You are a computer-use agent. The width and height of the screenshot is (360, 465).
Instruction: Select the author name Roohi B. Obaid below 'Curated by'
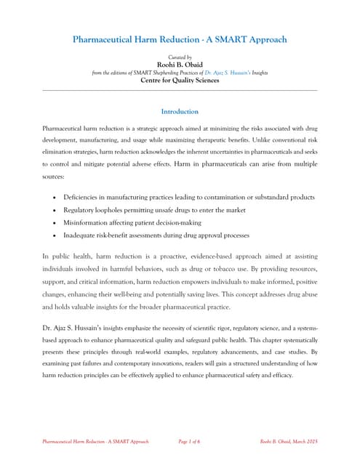click(180, 64)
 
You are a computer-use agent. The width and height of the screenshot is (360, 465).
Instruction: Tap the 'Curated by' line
click(180, 56)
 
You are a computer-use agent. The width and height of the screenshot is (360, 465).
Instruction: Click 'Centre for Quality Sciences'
click(180, 81)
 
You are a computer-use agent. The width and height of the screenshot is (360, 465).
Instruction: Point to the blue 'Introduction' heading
click(180, 112)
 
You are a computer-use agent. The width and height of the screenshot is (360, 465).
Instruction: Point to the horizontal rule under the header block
click(180, 90)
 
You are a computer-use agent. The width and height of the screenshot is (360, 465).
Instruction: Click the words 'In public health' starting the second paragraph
click(66, 258)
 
